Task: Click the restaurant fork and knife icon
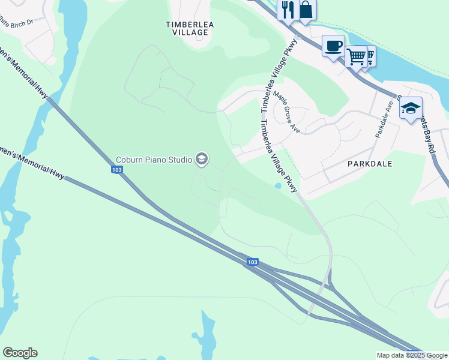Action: [x=286, y=10]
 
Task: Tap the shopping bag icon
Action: [x=306, y=10]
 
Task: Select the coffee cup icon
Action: [x=333, y=45]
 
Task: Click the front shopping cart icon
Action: [x=356, y=56]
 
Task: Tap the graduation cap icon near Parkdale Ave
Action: [x=411, y=108]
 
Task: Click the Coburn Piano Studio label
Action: [x=154, y=160]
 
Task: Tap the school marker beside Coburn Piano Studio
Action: [x=202, y=159]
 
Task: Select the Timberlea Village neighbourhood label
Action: [x=190, y=29]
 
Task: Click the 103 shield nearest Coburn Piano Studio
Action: [x=117, y=170]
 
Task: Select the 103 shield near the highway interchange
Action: [x=252, y=262]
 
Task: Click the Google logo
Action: [x=20, y=353]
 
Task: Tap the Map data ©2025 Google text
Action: [x=411, y=355]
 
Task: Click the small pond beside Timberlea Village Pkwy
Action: [x=277, y=186]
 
